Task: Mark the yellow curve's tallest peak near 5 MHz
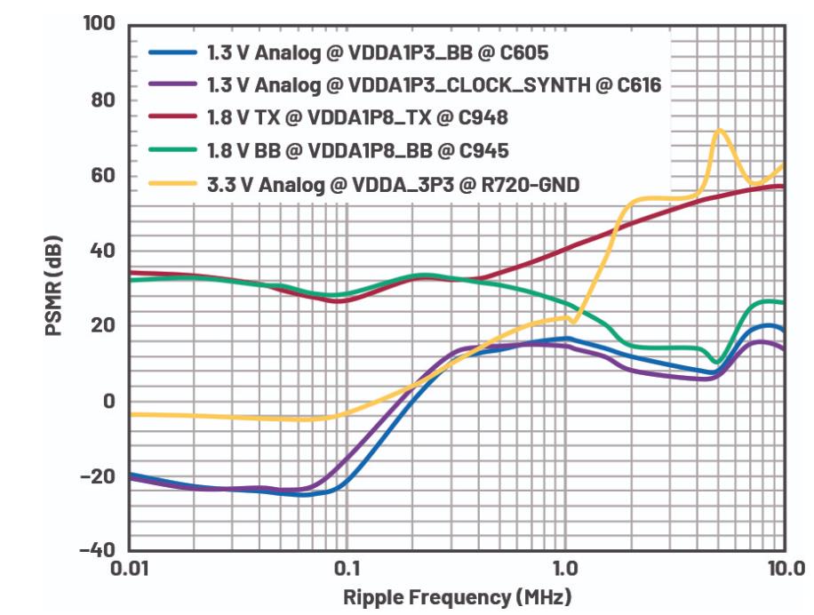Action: point(718,130)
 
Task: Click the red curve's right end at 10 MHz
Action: point(782,186)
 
